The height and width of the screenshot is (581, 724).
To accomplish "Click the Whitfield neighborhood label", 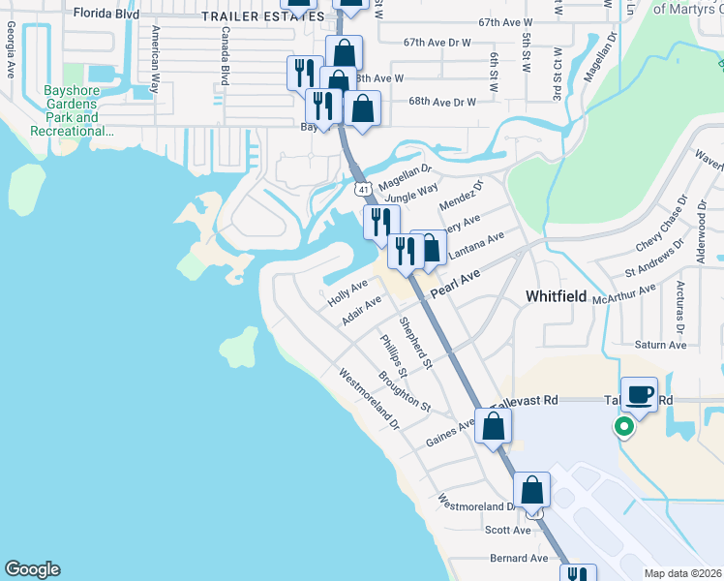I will [x=556, y=296].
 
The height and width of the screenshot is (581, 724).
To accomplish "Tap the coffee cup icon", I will [x=639, y=394].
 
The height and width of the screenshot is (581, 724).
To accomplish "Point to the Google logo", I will [x=32, y=569].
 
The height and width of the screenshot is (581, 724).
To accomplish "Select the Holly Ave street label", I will [x=347, y=292].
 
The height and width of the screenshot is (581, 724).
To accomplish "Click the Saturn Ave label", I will [x=660, y=345].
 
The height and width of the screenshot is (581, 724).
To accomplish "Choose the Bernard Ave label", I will [x=519, y=558].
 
